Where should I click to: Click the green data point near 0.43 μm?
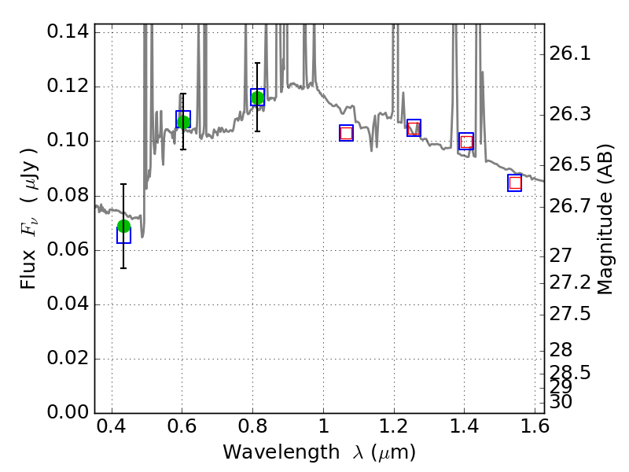(x=123, y=227)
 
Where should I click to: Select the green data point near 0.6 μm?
(x=183, y=122)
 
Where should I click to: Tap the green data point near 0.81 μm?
(x=257, y=98)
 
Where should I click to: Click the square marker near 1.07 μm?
(x=346, y=133)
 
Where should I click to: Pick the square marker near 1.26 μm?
(x=414, y=128)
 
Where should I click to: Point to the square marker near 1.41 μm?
(x=466, y=142)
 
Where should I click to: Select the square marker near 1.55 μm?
(x=515, y=183)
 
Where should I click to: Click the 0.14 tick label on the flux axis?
(x=68, y=32)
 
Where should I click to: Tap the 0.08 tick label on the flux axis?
(x=68, y=196)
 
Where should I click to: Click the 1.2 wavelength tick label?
(x=393, y=430)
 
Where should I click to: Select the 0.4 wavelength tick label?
(x=112, y=430)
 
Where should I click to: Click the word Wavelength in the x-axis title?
(x=267, y=453)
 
